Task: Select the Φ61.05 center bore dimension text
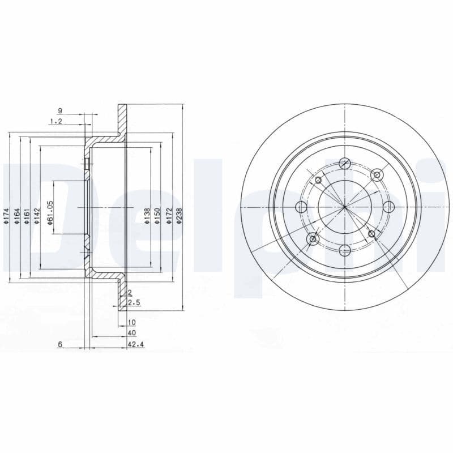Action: pos(50,213)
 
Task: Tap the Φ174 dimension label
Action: pos(6,217)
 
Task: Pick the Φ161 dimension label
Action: pos(27,217)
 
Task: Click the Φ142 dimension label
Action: pos(37,217)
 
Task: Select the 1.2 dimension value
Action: pos(55,121)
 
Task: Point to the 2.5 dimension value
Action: pos(134,303)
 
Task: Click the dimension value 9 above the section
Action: pos(59,110)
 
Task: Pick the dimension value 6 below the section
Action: pos(59,344)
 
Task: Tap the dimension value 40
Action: pos(132,333)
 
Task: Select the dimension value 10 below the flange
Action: pos(132,322)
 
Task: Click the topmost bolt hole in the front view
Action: pos(344,164)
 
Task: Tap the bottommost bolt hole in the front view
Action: pos(344,249)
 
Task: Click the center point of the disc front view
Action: pos(344,207)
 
